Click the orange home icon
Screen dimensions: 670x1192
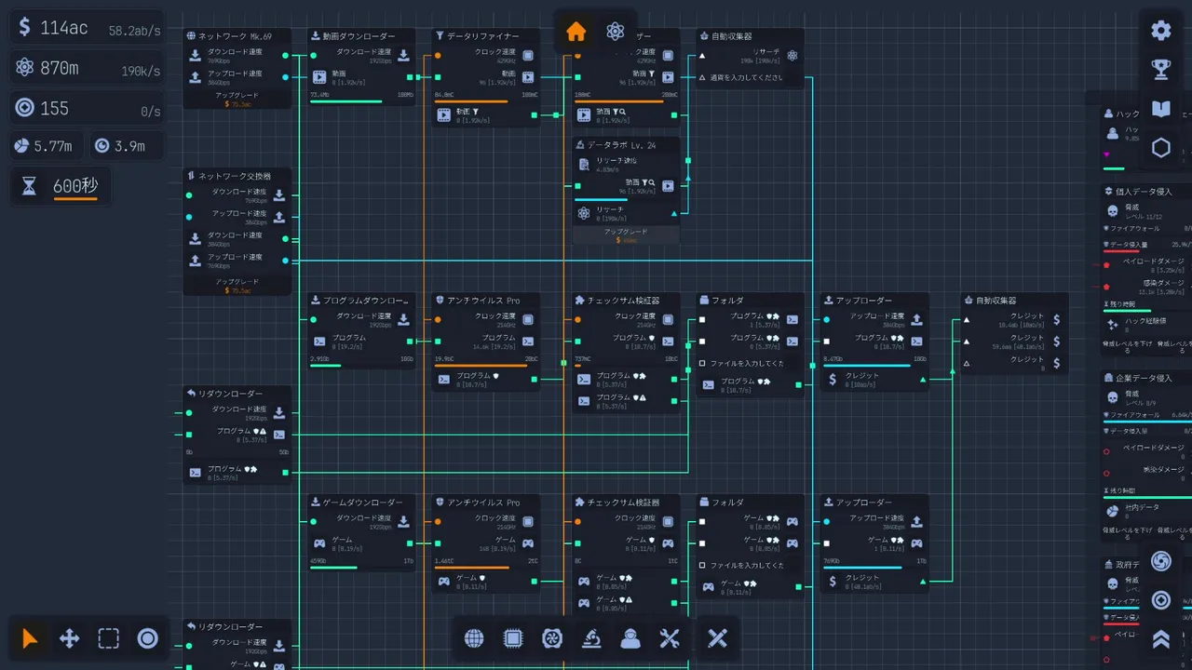click(576, 32)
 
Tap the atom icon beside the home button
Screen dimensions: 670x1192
click(615, 32)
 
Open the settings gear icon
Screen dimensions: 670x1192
click(1160, 30)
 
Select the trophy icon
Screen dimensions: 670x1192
click(1160, 69)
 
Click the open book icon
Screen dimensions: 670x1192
click(1160, 109)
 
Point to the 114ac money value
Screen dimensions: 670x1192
click(64, 28)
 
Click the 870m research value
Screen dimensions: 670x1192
click(60, 68)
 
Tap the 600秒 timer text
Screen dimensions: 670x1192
click(75, 185)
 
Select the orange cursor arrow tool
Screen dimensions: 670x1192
click(30, 638)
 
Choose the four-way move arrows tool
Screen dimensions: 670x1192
click(69, 638)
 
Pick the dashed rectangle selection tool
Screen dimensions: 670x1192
click(108, 638)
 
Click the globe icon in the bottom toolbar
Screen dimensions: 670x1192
click(474, 638)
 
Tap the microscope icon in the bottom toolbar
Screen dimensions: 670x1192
click(590, 638)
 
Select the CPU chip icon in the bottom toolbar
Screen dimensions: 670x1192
click(513, 638)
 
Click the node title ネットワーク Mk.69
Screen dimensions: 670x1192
click(235, 36)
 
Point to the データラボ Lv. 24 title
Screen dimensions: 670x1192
click(621, 145)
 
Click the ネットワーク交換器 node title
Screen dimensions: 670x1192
click(235, 176)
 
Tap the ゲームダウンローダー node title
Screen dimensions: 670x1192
click(362, 502)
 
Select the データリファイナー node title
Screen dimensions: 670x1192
click(483, 36)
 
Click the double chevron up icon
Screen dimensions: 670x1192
click(1160, 638)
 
